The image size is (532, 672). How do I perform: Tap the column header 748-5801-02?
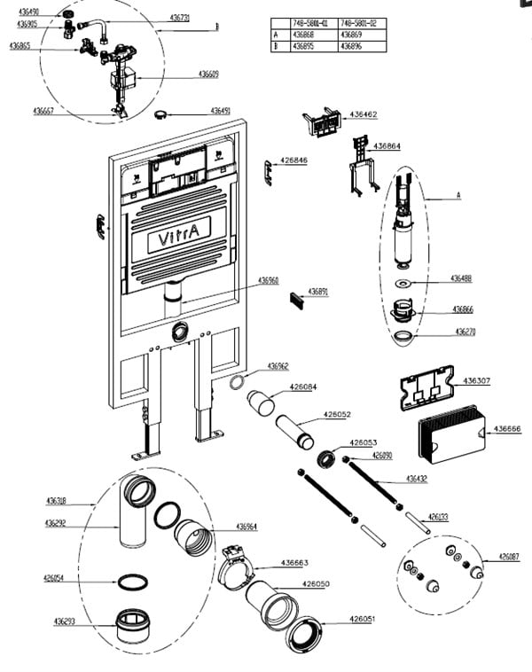pyautogui.click(x=358, y=23)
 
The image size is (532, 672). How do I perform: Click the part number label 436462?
pyautogui.click(x=363, y=114)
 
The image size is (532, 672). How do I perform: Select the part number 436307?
pyautogui.click(x=478, y=381)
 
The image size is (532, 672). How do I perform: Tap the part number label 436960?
pyautogui.click(x=269, y=280)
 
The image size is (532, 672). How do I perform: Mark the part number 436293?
pyautogui.click(x=56, y=621)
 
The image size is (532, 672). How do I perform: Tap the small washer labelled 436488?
pyautogui.click(x=403, y=284)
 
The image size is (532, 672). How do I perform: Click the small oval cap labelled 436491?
pyautogui.click(x=162, y=113)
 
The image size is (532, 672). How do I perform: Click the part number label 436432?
pyautogui.click(x=417, y=479)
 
